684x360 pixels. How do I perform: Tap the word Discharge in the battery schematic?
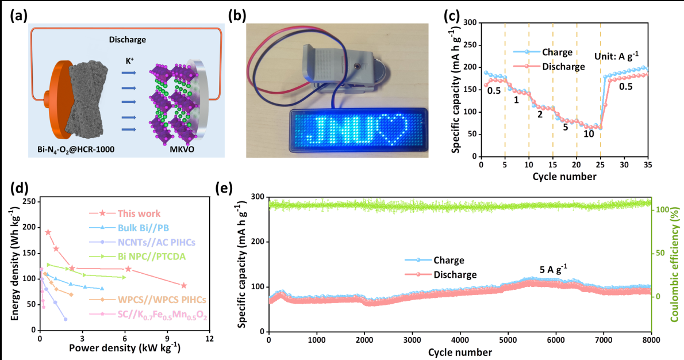127,40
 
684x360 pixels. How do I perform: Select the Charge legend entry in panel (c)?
557,52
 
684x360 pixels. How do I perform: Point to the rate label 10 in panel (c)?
589,135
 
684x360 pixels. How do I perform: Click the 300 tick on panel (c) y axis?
470,22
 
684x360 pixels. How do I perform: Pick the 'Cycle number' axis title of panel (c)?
564,175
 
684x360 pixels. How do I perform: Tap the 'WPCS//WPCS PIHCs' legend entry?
162,300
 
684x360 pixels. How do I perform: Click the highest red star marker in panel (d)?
48,232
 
